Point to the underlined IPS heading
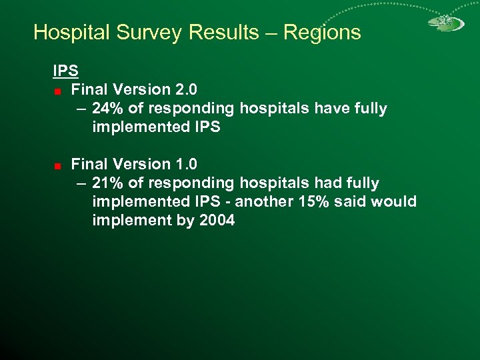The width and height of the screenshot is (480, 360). (66, 70)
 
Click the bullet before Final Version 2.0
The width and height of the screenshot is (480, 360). (59, 90)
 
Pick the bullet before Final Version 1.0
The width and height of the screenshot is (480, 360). (59, 165)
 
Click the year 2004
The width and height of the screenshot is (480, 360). (217, 220)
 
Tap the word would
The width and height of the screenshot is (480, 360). (394, 201)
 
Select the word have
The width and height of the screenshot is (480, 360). (325, 108)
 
